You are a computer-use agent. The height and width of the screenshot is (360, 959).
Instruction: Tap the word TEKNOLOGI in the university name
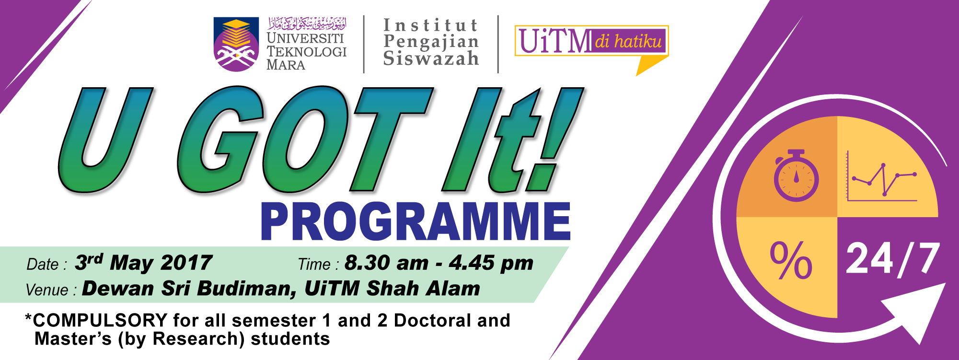click(x=307, y=52)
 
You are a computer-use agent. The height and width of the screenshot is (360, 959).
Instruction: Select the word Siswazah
click(x=431, y=58)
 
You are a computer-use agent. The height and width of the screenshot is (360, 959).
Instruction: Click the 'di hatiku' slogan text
click(x=628, y=41)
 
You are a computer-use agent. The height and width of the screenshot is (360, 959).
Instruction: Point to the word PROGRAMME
click(x=416, y=221)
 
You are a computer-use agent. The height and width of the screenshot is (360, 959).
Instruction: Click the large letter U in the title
click(x=105, y=140)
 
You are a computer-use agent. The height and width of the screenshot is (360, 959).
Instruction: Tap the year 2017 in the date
click(x=186, y=263)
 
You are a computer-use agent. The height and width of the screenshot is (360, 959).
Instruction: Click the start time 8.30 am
click(x=386, y=263)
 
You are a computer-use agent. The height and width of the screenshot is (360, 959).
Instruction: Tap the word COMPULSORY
click(x=100, y=320)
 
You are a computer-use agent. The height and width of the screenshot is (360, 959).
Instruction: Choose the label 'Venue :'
click(x=51, y=290)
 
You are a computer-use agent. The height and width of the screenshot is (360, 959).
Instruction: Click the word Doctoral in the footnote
click(x=433, y=320)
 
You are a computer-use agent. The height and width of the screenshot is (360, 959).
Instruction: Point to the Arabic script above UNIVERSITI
click(x=307, y=23)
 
